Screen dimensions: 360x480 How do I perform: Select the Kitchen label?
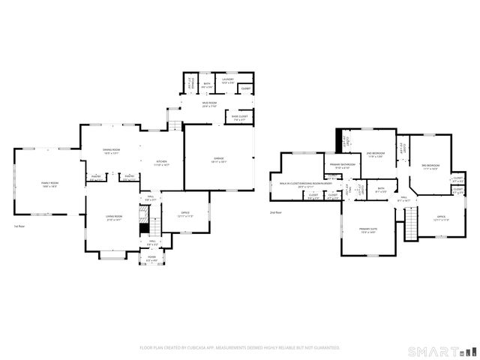(161, 163)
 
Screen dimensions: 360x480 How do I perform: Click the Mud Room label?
(209, 104)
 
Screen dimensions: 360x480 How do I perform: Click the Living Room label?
(113, 218)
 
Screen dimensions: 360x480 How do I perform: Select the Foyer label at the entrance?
(151, 259)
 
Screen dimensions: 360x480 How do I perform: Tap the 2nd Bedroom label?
(375, 154)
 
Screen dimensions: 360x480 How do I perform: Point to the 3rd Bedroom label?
(430, 166)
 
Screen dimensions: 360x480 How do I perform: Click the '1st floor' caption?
(20, 226)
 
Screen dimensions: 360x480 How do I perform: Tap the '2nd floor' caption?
(276, 212)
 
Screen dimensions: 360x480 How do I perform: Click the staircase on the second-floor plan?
(410, 223)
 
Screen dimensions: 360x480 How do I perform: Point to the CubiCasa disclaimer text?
(240, 348)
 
